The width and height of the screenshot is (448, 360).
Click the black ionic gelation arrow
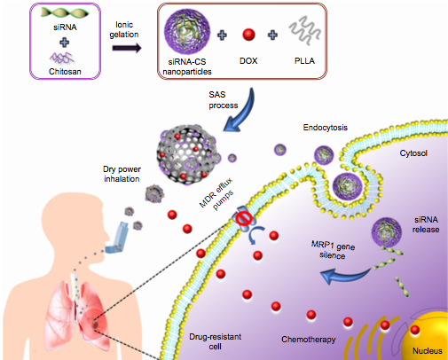[x=127, y=48]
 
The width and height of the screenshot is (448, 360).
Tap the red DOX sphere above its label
[x=248, y=35]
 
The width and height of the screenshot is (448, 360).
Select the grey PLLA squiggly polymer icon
[x=304, y=30]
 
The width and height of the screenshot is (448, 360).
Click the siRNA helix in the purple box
[x=65, y=12]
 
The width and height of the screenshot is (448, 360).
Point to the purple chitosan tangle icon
[x=62, y=58]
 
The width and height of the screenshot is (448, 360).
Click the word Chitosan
[x=65, y=72]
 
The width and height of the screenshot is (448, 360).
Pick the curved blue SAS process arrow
[x=241, y=111]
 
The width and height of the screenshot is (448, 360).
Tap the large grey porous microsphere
[x=187, y=154]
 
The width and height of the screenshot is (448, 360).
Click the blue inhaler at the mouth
[x=117, y=238]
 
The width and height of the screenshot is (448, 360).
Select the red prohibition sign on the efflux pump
[x=244, y=219]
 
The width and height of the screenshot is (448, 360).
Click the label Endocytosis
[x=326, y=128]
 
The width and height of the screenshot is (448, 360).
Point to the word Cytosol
[x=413, y=153]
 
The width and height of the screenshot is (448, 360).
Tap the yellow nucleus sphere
[x=426, y=336]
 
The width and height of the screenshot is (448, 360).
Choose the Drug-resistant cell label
[x=215, y=341]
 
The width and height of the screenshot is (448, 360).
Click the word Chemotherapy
[x=309, y=340]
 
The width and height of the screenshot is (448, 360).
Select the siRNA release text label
[x=426, y=224]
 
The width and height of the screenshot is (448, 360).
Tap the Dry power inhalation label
[x=122, y=174]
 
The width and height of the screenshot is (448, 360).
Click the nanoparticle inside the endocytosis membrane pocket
[x=348, y=186]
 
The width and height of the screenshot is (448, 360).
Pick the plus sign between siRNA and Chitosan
[x=65, y=42]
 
